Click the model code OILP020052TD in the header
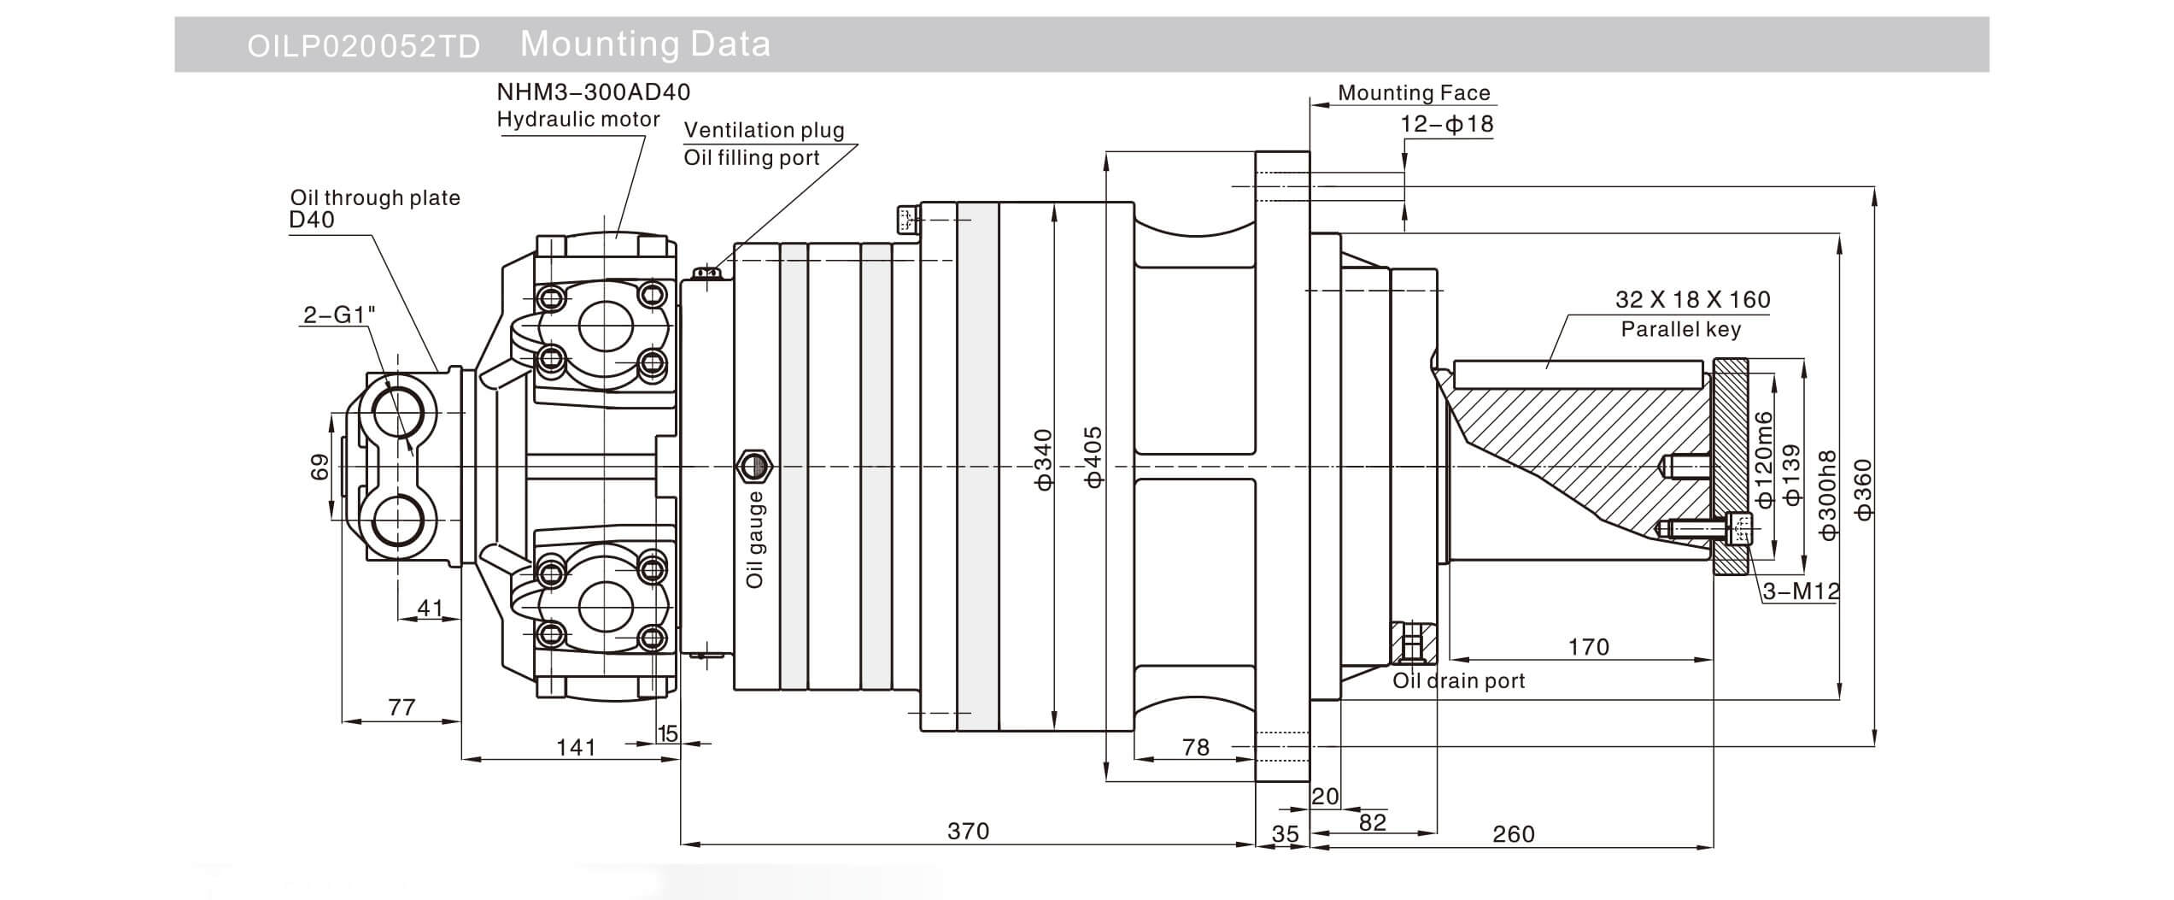click(363, 46)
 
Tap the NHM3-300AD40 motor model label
click(593, 91)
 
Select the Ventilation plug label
click(764, 130)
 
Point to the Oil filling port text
click(751, 158)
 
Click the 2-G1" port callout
click(339, 315)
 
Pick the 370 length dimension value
click(968, 831)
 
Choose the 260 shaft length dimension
click(1513, 833)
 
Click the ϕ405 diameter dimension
click(1093, 457)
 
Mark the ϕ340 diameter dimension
click(1044, 459)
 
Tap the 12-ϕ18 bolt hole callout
click(1446, 124)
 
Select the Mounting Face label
click(1413, 93)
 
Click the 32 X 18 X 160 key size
click(1692, 300)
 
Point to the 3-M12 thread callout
click(1801, 591)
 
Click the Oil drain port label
click(1458, 681)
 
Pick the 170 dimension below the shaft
click(1588, 647)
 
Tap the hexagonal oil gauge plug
click(753, 466)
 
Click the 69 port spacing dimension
click(319, 467)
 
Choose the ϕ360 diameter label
click(1863, 489)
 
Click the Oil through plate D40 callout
click(374, 209)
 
